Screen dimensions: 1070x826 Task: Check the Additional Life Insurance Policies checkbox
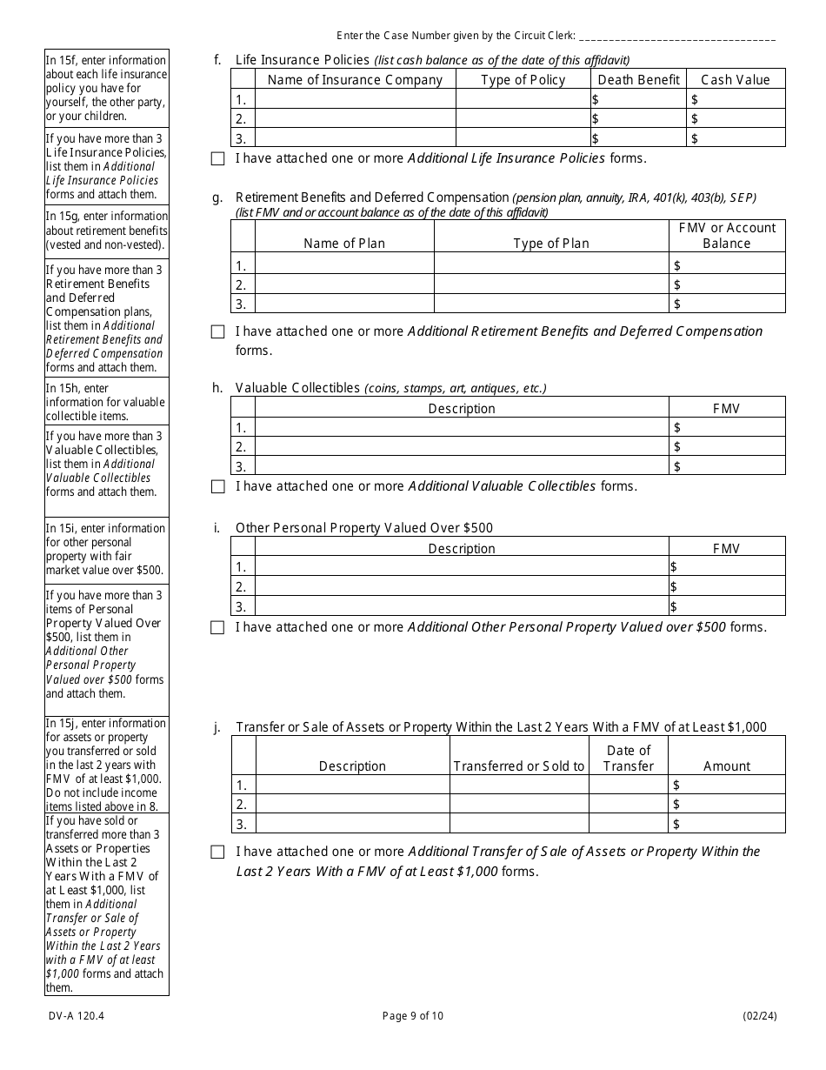217,159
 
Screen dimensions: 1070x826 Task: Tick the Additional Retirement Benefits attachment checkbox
217,332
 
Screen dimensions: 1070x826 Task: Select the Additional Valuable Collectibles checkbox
217,487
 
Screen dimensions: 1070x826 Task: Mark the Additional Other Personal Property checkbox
217,628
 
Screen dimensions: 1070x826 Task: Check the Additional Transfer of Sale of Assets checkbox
217,853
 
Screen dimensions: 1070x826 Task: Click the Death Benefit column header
638,80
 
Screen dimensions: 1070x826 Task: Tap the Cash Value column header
735,80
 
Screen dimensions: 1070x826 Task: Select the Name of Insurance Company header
355,80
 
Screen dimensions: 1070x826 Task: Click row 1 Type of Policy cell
523,99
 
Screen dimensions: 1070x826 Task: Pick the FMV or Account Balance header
726,236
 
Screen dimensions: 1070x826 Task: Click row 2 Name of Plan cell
344,285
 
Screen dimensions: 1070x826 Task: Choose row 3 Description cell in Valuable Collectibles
461,466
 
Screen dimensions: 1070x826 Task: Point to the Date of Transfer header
628,758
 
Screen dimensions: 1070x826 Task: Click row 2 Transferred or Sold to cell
518,805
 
